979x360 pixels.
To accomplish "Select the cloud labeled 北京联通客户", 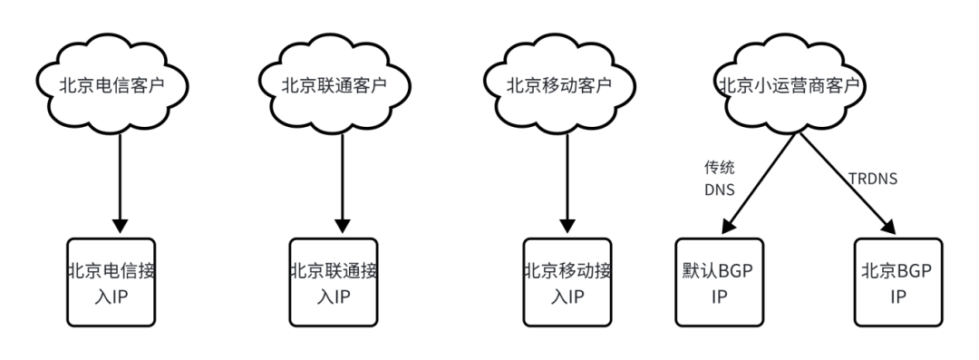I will point(335,86).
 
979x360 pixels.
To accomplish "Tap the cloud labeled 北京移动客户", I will point(558,86).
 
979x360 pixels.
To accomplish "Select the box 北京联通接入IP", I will point(334,283).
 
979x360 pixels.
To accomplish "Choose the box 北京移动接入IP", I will point(567,283).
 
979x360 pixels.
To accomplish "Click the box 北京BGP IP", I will point(898,283).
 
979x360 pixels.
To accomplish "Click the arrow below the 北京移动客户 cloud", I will point(567,181).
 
